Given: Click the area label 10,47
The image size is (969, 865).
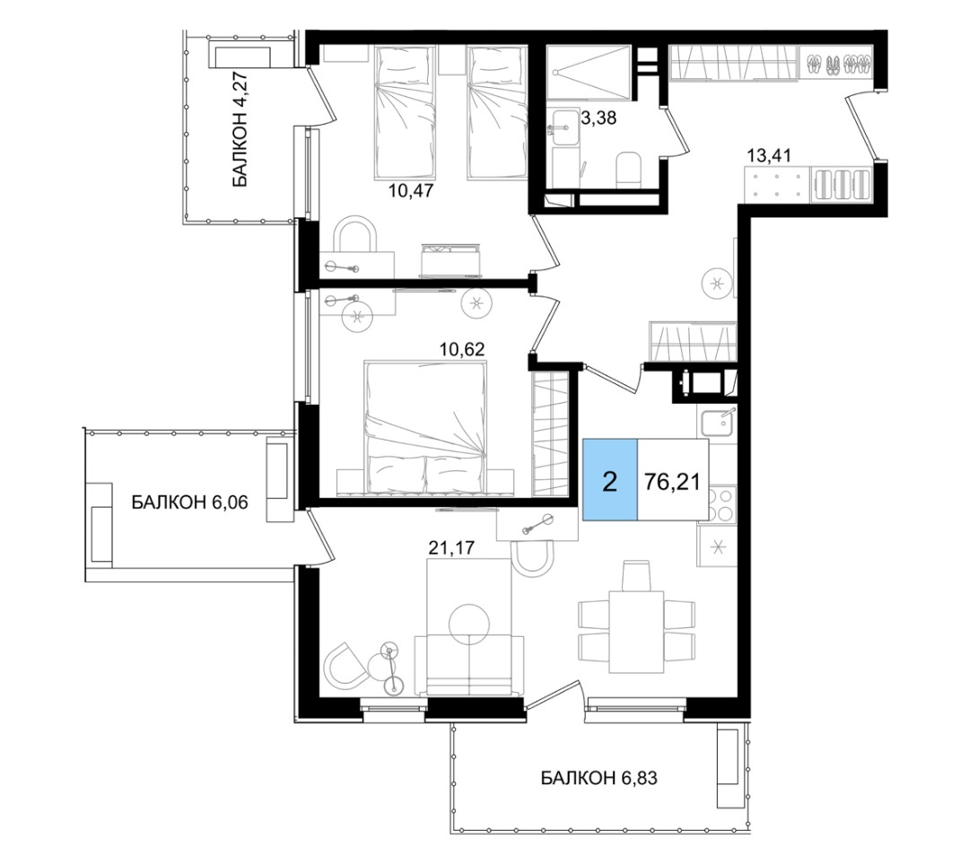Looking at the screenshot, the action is pos(411,189).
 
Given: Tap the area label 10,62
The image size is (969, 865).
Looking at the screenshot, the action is pos(462,349).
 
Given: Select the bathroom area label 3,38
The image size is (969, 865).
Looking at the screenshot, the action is pos(599,118).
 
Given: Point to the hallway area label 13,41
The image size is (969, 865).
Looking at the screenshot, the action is pos(769,154).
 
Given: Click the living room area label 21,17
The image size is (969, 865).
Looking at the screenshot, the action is pos(451,546).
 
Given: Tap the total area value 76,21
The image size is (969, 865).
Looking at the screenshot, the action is pos(672,481).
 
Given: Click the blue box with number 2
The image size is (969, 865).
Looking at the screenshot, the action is pos(610,480).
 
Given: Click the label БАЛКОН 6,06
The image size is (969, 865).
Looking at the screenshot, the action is pos(189,502).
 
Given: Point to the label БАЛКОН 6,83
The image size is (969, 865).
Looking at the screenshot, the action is pos(598,777).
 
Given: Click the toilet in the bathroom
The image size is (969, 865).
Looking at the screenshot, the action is pos(630,170).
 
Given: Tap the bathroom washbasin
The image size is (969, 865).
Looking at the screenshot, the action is pos(566,128).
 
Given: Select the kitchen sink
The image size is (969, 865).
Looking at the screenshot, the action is pos(718,424).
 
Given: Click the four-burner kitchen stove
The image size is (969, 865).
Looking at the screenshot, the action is pos(718,504).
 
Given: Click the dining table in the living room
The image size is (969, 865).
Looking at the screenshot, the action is pos(636,632).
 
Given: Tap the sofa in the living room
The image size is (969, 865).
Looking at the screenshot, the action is pos(469,665).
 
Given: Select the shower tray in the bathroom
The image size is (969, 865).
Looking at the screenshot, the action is pos(589,73).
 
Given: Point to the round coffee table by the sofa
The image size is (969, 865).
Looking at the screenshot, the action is pos(469,624).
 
